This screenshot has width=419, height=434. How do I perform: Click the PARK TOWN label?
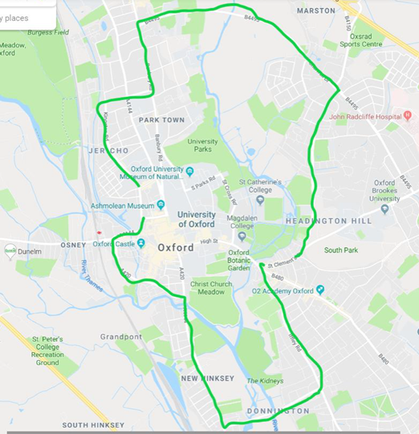[161, 120]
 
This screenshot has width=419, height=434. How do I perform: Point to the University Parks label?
[202, 146]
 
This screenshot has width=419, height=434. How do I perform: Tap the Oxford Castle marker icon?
[140, 243]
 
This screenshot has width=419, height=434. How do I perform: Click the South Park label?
[340, 250]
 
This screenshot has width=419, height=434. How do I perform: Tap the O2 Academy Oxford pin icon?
[320, 290]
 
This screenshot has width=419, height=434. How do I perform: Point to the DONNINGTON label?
[279, 411]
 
